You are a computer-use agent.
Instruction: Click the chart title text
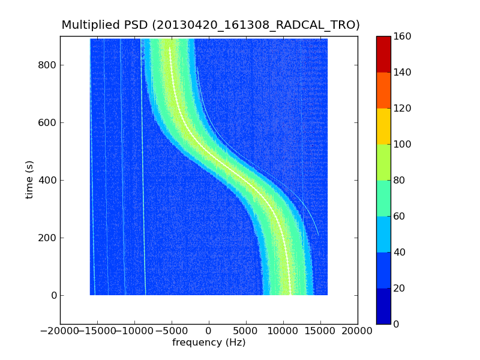click(x=211, y=25)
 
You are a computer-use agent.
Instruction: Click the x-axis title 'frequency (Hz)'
click(x=209, y=343)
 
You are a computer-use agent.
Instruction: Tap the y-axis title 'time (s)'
click(x=29, y=180)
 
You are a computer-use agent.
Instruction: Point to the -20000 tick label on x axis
click(x=60, y=331)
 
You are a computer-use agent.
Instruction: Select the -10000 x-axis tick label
click(x=134, y=331)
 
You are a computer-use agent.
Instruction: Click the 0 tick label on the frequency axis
click(x=209, y=331)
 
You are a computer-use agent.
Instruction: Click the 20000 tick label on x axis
click(x=358, y=331)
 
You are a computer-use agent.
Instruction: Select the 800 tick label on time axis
click(x=48, y=65)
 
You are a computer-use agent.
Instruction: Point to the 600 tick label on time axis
click(x=48, y=122)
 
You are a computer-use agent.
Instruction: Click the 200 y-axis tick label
click(x=48, y=238)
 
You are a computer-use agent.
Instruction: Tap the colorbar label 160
click(x=403, y=36)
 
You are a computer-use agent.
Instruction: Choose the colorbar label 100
click(x=403, y=144)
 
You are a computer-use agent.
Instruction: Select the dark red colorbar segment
click(x=383, y=54)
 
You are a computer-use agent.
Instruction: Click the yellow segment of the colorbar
click(x=383, y=126)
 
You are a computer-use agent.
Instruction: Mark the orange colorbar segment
click(x=383, y=90)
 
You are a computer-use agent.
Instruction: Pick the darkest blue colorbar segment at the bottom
click(x=383, y=306)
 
